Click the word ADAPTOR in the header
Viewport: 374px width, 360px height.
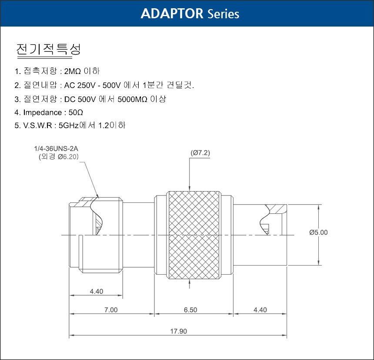(172, 13)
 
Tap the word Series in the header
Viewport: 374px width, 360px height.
(224, 14)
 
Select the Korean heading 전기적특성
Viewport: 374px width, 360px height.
(48, 50)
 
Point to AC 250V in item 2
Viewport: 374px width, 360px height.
(80, 85)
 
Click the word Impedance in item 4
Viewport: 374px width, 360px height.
(43, 112)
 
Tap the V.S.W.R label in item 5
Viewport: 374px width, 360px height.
(37, 125)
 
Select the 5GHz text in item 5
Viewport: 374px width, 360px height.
(69, 125)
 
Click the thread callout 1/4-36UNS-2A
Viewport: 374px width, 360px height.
(56, 148)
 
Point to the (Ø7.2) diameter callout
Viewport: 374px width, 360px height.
(200, 153)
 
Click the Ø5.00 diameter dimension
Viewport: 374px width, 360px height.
(318, 232)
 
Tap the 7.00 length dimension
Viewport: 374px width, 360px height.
(111, 310)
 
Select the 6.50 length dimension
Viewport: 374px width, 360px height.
(190, 310)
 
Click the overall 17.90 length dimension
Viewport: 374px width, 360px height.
(178, 331)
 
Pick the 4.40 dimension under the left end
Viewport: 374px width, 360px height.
(97, 291)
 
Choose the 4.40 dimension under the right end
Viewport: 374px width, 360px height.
(260, 310)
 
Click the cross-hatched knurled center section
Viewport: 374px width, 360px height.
(194, 235)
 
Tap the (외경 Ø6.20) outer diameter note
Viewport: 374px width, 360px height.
(59, 157)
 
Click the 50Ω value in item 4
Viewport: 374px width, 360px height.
(76, 112)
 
